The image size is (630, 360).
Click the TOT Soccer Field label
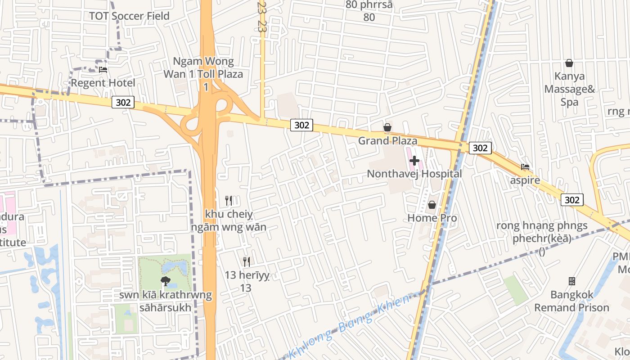pos(129,16)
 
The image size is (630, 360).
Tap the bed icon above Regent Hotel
pos(103,70)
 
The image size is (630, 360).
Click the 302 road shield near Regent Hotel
pos(123,102)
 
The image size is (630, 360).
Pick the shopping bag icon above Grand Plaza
pos(387,128)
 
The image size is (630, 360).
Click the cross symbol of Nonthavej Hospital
pos(414,160)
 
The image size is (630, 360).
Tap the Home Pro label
pos(432,218)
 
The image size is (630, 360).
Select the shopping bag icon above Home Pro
pos(432,205)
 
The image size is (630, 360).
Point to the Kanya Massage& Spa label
pos(569,89)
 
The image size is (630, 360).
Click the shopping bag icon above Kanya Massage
pos(569,63)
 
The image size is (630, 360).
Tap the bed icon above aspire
pos(525,167)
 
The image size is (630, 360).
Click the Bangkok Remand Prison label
pos(571,301)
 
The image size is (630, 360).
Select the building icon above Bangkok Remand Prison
pos(571,281)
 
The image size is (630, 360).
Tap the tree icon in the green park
pos(165,282)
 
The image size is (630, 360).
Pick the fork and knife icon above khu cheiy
pos(229,200)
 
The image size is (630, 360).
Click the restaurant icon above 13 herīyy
pos(246,261)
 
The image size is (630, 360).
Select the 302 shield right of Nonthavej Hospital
pos(480,148)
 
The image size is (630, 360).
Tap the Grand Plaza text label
pos(387,141)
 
